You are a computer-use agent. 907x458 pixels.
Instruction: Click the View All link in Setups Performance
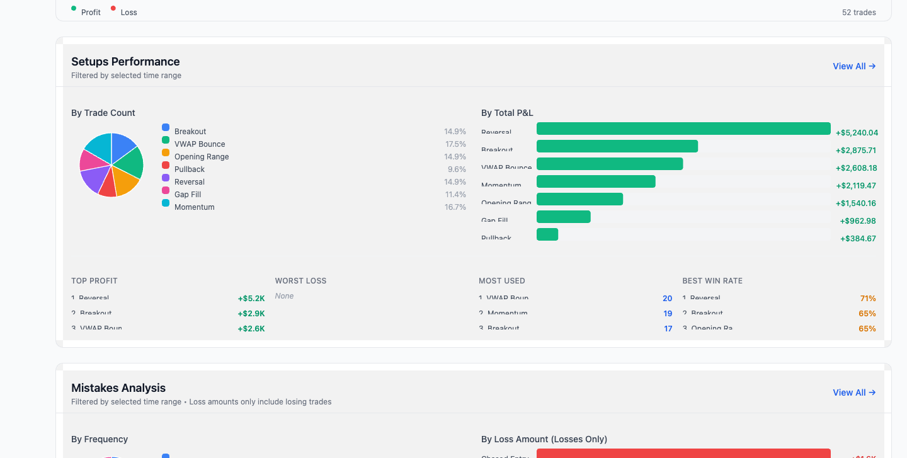(853, 66)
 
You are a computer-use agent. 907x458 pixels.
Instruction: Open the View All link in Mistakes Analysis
(853, 392)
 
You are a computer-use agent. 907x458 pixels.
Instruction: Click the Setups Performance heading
(125, 62)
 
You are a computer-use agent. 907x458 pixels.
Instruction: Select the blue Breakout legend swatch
(166, 127)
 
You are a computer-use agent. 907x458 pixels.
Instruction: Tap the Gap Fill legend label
(188, 195)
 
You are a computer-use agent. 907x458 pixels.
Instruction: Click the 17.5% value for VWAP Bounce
(455, 144)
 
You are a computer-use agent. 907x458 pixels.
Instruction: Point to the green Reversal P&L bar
(683, 129)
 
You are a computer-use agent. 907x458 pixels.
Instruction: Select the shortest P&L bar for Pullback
(547, 234)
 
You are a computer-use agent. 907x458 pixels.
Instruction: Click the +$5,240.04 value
(857, 133)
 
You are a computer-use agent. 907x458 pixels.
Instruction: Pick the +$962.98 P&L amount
(857, 221)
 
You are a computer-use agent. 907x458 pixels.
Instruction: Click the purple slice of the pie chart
(92, 180)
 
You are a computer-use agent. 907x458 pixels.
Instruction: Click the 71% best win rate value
(867, 299)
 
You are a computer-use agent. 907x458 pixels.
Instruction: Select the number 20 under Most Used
(667, 299)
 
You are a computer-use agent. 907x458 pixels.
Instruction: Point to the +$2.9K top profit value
(251, 314)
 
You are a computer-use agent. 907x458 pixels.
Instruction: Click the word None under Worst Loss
(284, 296)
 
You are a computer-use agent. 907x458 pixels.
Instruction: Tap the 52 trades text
(859, 13)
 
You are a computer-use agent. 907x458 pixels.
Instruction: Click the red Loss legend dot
(113, 9)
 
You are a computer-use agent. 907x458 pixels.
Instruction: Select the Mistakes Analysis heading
(118, 388)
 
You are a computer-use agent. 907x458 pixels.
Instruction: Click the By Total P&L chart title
(507, 113)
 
